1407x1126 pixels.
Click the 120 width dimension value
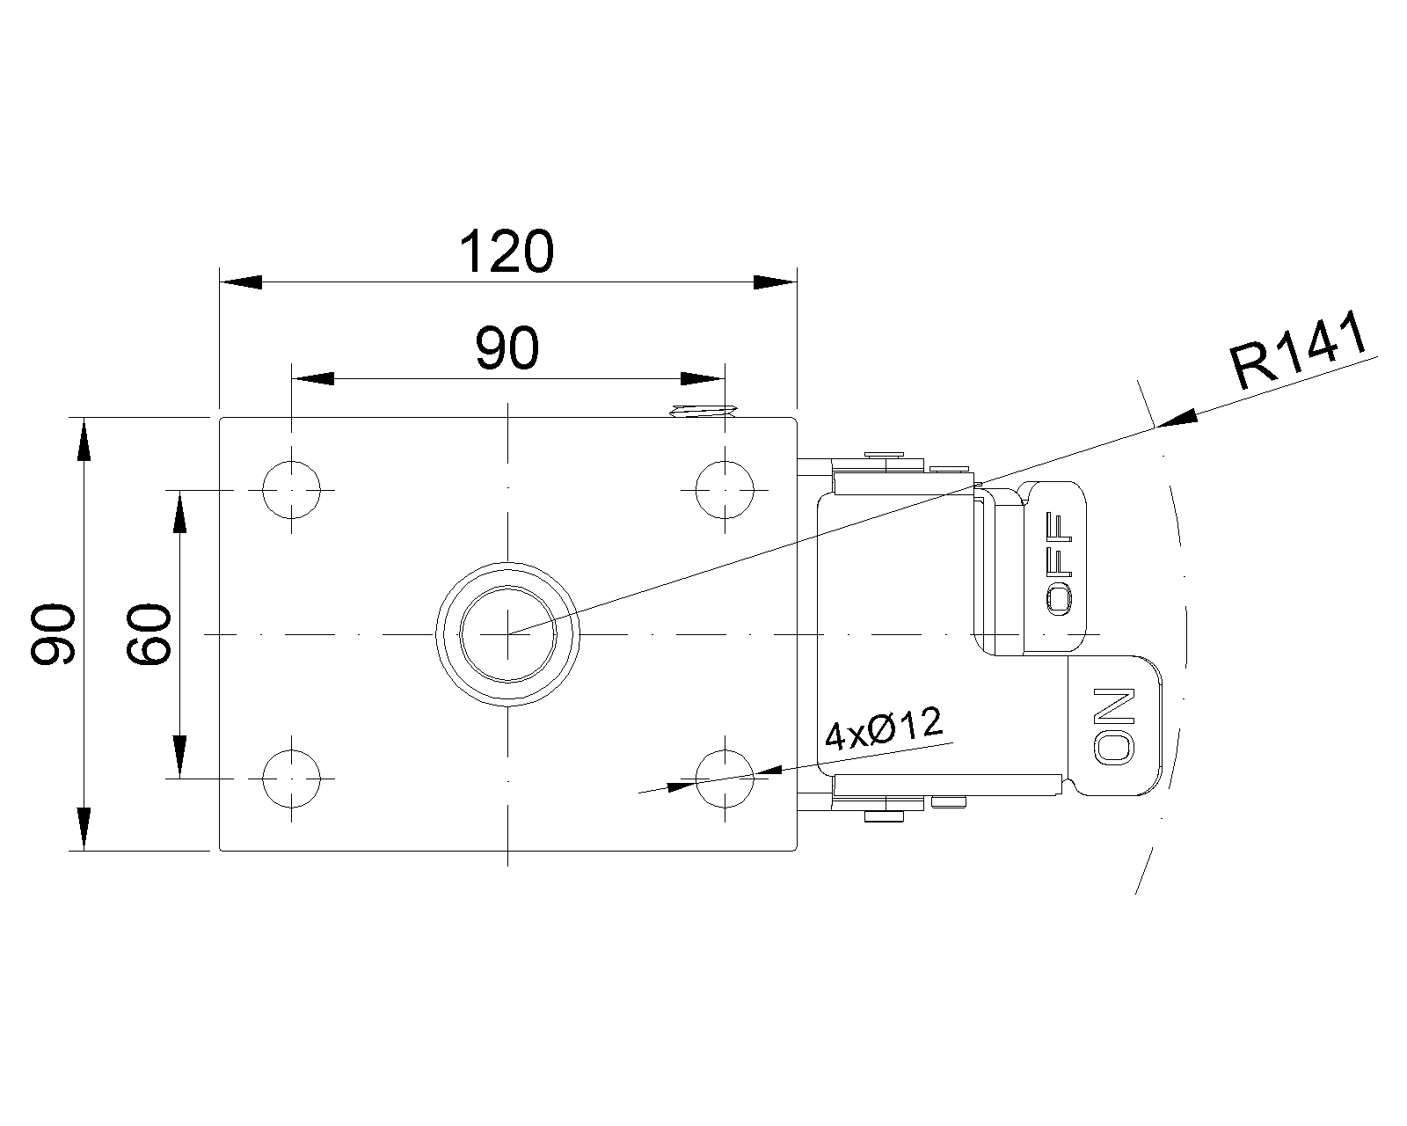pos(507,252)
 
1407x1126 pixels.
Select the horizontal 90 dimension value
pos(507,348)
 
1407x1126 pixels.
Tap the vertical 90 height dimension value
pos(53,634)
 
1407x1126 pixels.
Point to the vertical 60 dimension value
pos(149,634)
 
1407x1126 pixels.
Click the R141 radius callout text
pos(1299,351)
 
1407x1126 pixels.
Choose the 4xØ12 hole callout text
pos(883,728)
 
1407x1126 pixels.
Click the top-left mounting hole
pos(292,489)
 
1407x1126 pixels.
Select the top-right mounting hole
pos(725,489)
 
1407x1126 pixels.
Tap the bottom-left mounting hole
pos(292,779)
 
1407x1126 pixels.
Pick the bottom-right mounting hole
pos(725,779)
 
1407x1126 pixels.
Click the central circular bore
pos(508,634)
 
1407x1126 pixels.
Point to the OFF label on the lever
pos(1059,563)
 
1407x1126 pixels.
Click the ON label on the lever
pos(1115,726)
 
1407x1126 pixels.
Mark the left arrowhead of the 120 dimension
pos(241,282)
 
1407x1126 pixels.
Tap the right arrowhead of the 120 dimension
pos(776,282)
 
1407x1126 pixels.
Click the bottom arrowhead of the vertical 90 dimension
pos(84,829)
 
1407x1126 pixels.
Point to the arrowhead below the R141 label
pos(1177,419)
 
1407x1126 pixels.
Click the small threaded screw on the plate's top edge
pos(703,411)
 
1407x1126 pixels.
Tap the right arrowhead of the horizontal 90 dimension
pos(703,379)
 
